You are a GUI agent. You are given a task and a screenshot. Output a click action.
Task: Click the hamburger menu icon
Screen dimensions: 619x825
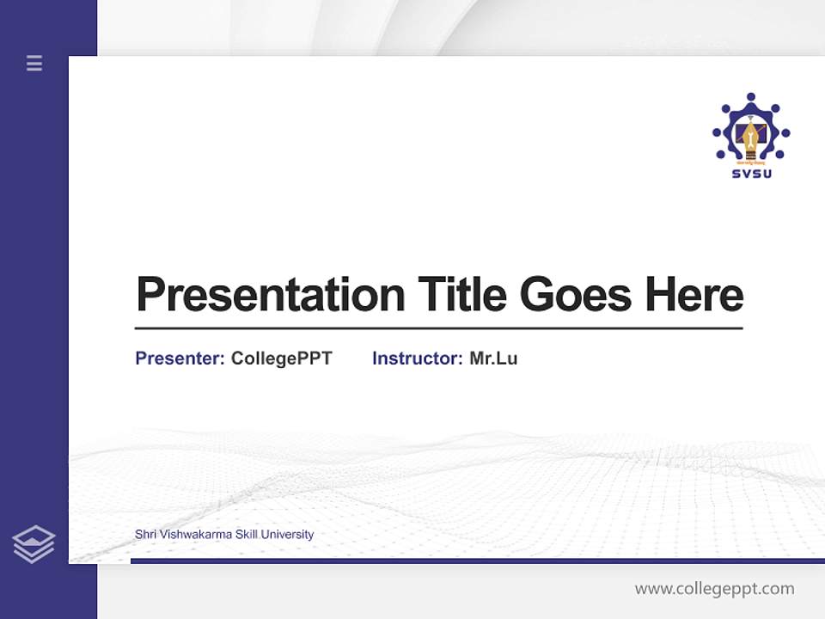pyautogui.click(x=34, y=63)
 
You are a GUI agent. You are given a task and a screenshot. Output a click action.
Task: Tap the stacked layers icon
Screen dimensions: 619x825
pyautogui.click(x=34, y=544)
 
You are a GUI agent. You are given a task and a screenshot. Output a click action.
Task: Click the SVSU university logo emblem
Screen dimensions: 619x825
pyautogui.click(x=750, y=129)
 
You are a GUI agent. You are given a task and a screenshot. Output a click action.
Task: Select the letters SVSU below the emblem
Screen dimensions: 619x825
pyautogui.click(x=751, y=174)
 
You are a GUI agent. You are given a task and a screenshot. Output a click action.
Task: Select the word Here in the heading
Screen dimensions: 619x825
pyautogui.click(x=694, y=294)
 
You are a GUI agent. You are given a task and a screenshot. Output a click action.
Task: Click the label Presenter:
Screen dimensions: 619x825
pyautogui.click(x=180, y=359)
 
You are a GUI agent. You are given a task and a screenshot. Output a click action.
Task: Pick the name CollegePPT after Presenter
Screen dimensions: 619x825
pyautogui.click(x=282, y=359)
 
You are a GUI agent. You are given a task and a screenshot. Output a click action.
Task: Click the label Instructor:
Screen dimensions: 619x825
pyautogui.click(x=418, y=359)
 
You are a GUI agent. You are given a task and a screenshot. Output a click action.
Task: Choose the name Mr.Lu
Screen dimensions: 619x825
pyautogui.click(x=493, y=359)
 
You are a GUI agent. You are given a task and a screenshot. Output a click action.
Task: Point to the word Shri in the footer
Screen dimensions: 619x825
pyautogui.click(x=145, y=535)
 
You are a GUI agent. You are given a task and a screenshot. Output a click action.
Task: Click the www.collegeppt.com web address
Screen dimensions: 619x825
pyautogui.click(x=714, y=589)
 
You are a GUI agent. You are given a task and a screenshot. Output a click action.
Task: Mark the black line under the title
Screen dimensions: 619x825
pyautogui.click(x=438, y=328)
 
